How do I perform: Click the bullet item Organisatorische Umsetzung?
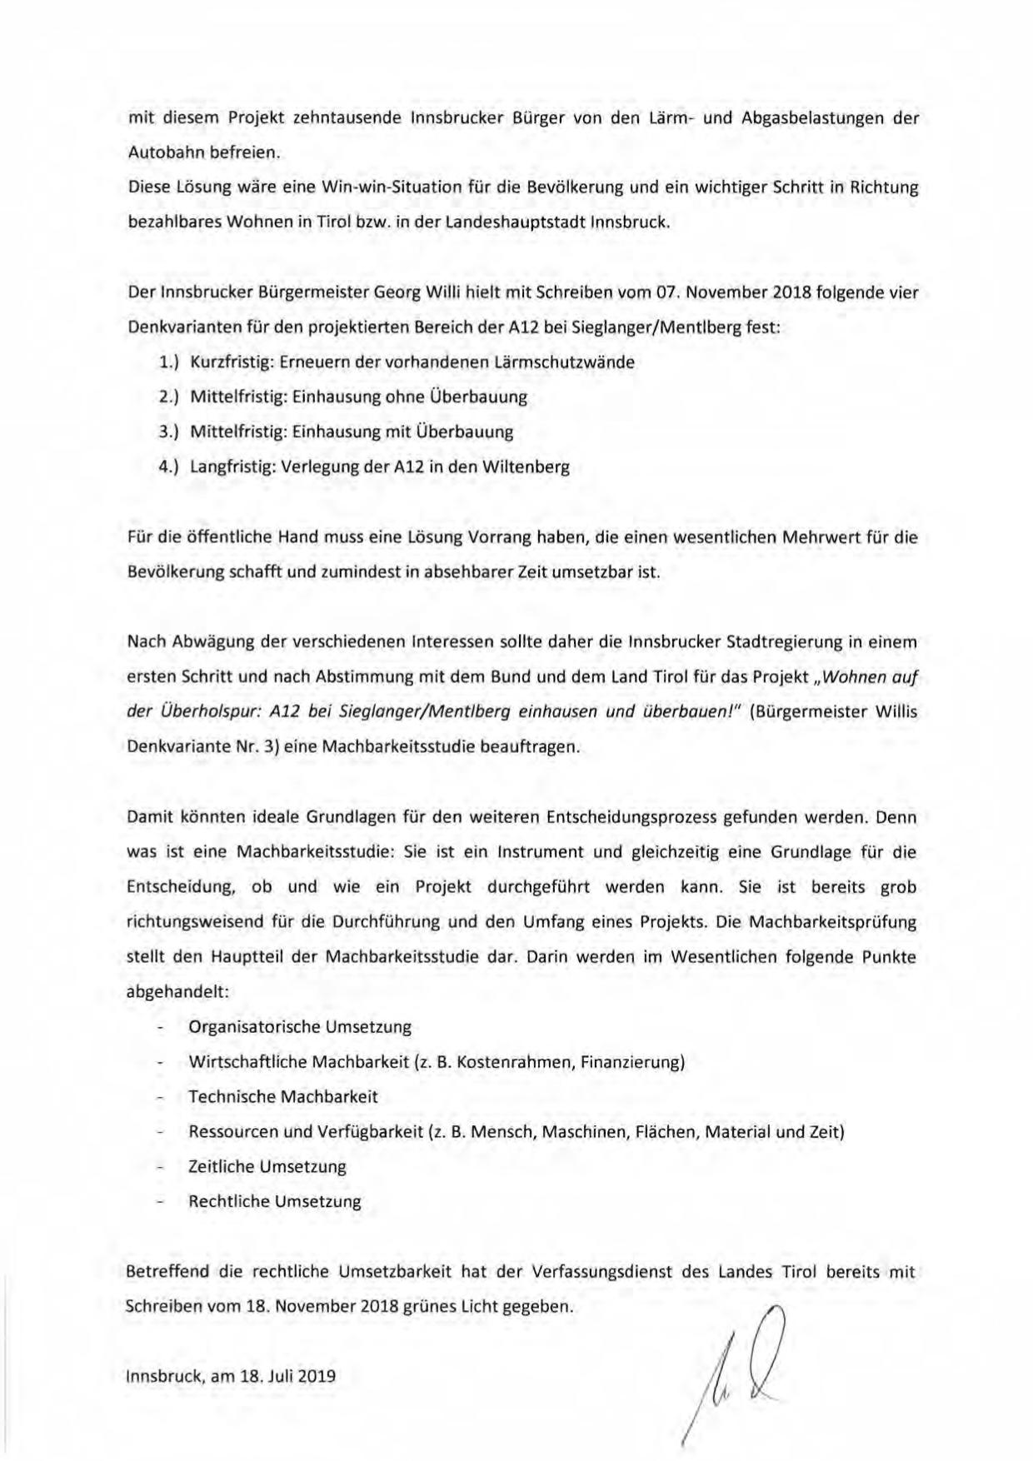300,1027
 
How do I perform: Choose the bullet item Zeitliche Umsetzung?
267,1167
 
